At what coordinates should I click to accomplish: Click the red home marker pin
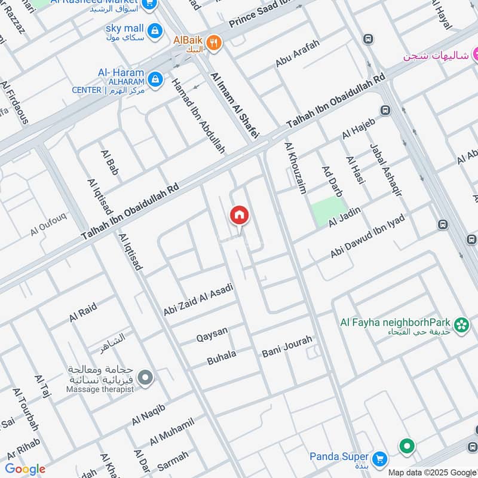click(239, 215)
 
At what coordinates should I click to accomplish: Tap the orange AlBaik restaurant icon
click(215, 42)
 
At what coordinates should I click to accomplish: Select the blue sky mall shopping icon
click(155, 30)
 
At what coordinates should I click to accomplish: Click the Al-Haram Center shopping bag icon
click(155, 78)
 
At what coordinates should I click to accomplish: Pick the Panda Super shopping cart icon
click(379, 459)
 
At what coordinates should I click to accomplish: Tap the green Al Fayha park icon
click(461, 324)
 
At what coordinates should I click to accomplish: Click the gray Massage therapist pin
click(145, 378)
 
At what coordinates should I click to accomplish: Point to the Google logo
click(24, 469)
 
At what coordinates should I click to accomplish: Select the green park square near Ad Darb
click(328, 210)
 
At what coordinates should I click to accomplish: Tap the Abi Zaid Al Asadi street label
click(198, 300)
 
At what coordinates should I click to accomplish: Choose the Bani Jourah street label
click(287, 347)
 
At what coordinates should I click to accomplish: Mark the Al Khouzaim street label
click(296, 168)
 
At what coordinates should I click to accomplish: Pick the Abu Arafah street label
click(298, 54)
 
